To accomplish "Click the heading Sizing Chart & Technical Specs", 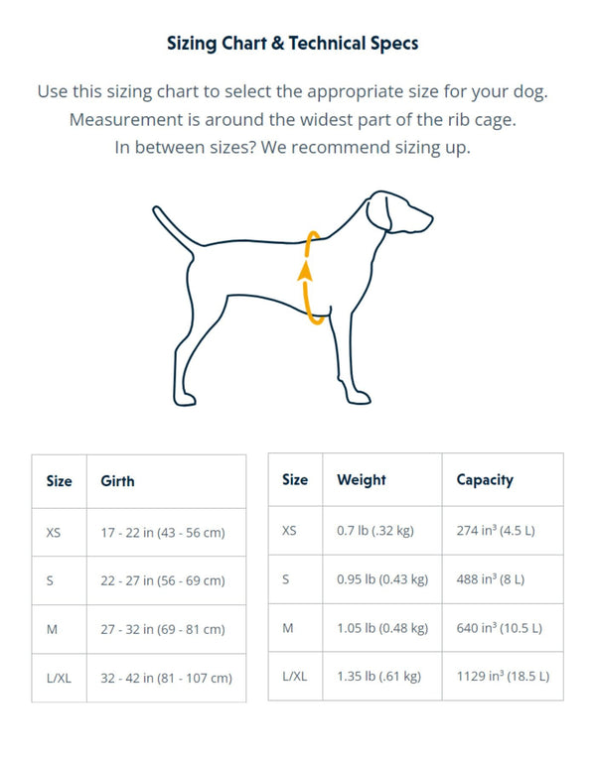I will (x=292, y=44).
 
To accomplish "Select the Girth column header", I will (x=117, y=481).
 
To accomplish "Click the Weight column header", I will (x=362, y=480).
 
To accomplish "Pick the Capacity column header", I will (x=485, y=480).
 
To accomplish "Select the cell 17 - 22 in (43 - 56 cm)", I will (x=163, y=533).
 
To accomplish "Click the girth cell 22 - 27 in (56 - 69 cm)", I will (x=163, y=581).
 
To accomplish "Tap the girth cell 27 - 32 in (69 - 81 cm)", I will (x=163, y=630).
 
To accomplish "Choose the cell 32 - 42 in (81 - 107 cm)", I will (x=166, y=679).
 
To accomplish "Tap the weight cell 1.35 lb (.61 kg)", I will (x=378, y=677).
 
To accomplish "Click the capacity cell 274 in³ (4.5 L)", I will (x=496, y=531).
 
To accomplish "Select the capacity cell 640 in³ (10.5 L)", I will (x=499, y=628).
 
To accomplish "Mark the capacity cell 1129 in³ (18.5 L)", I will (x=503, y=677).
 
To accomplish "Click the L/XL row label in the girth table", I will (x=59, y=679).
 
